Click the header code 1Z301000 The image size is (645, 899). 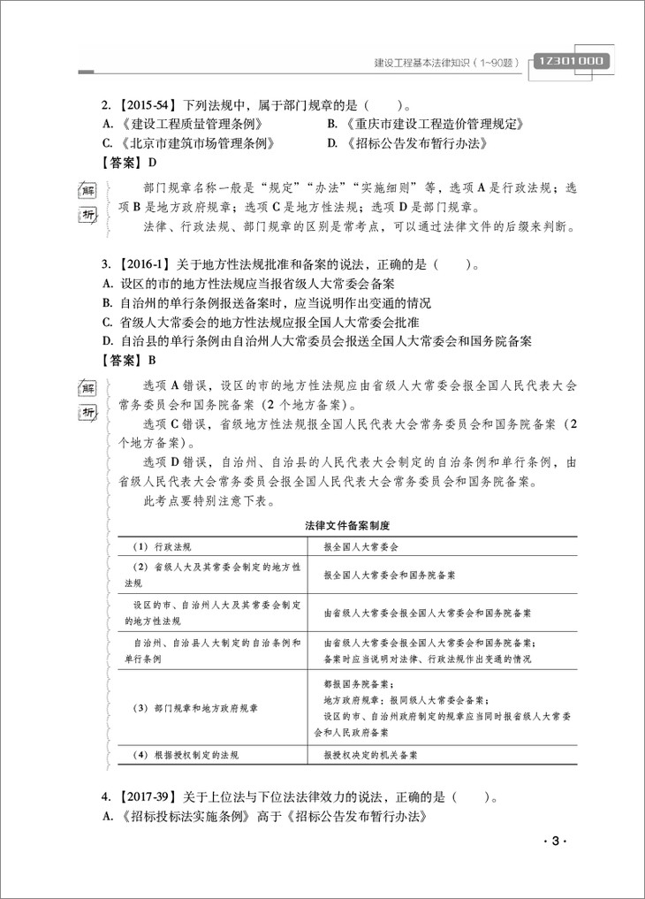tap(570, 61)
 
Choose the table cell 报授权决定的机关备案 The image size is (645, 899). tap(371, 756)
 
